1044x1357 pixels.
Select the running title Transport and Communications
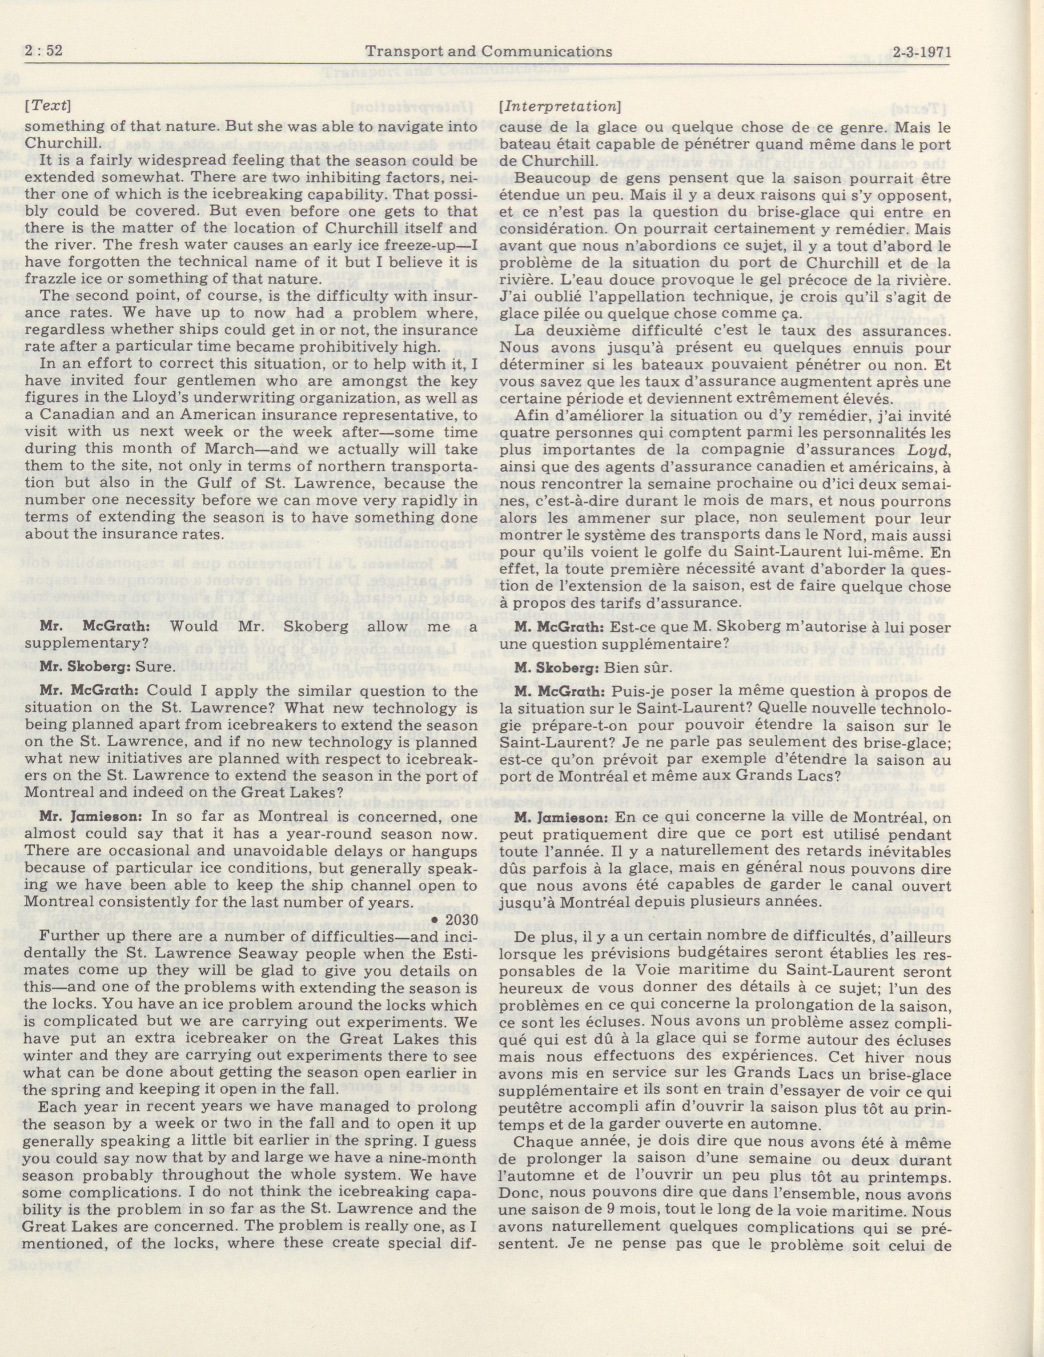coord(489,51)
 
